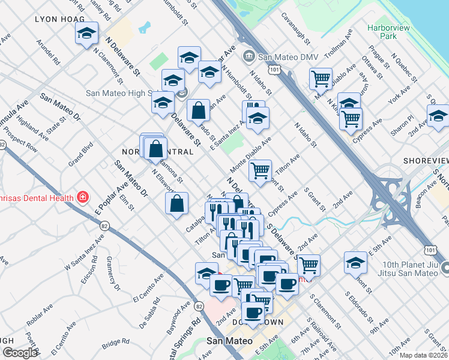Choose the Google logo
(x=19, y=353)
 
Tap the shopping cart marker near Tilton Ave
(x=261, y=172)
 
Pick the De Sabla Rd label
(x=150, y=318)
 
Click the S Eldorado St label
(x=359, y=307)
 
